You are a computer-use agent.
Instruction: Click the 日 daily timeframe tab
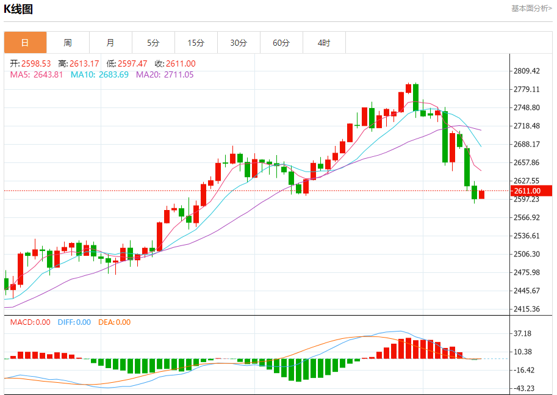pos(25,43)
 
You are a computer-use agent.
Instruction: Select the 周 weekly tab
pos(68,43)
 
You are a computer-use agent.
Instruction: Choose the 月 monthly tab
pos(110,43)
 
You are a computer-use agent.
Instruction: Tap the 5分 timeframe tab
pos(153,43)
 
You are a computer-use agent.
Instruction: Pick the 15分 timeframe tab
pos(196,43)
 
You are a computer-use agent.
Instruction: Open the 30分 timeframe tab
pos(239,43)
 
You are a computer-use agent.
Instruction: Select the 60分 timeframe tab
pos(281,43)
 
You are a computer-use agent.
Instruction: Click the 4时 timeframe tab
pos(324,43)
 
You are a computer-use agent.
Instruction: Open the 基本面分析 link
pos(531,9)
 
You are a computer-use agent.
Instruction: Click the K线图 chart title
pos(19,9)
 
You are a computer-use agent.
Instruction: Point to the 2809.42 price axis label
pos(527,71)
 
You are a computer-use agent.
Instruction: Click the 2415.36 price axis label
pos(527,309)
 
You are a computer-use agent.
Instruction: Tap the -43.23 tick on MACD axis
pos(524,388)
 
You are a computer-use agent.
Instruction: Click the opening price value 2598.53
pos(36,63)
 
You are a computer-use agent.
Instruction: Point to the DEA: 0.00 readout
pos(114,322)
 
